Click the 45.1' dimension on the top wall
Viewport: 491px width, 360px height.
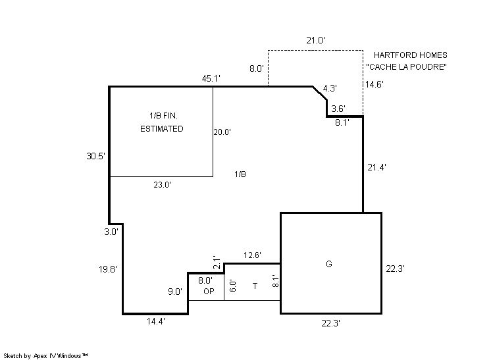(211, 78)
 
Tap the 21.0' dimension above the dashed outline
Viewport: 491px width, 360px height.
(316, 40)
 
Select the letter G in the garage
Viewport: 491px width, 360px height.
(329, 264)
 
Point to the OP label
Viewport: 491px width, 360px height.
(209, 291)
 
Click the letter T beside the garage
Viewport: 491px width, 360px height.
(255, 286)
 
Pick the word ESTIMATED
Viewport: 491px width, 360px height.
(161, 128)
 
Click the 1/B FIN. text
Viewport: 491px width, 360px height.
(163, 116)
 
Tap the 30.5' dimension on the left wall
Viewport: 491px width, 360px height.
(95, 156)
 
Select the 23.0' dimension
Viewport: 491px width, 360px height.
(162, 185)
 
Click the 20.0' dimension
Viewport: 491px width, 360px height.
(222, 132)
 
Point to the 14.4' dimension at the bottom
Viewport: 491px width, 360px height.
(156, 321)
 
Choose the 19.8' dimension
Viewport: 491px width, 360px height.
(108, 269)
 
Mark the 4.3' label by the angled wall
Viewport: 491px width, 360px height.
(330, 88)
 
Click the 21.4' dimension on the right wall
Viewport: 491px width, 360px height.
(376, 167)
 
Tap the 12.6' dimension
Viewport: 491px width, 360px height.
(252, 255)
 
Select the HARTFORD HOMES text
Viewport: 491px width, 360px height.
(411, 55)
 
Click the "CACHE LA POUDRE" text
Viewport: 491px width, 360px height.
(407, 66)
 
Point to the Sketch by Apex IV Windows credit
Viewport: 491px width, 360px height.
(45, 355)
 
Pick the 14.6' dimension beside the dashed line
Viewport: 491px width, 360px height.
(375, 84)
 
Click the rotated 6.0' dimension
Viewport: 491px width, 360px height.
(233, 286)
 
